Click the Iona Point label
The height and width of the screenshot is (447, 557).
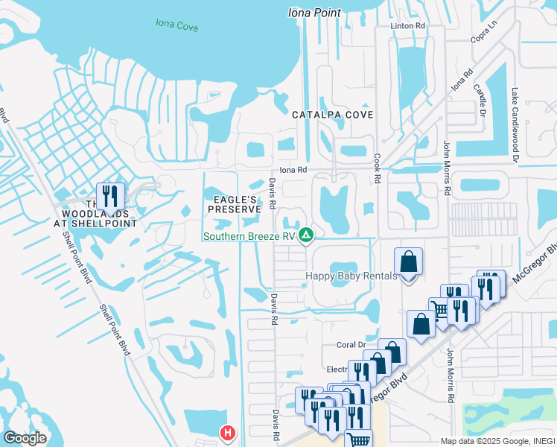[x=314, y=13]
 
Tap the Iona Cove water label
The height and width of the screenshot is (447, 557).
[x=177, y=25]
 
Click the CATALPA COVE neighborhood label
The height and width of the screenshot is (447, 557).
[x=332, y=115]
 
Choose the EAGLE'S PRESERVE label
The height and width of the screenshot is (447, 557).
[x=234, y=205]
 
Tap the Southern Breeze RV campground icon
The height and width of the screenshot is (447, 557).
[x=305, y=236]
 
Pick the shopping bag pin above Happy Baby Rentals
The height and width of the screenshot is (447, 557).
[x=408, y=262]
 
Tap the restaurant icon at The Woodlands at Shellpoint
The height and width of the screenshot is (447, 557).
[x=110, y=197]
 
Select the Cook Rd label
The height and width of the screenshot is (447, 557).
[x=378, y=169]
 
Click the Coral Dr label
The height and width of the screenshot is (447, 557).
[x=351, y=345]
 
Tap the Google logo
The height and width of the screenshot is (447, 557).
[x=25, y=438]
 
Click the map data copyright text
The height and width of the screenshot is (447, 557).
[x=497, y=441]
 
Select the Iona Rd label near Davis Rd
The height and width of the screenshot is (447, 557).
[x=293, y=170]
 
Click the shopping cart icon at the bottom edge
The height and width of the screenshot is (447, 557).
[x=360, y=440]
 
